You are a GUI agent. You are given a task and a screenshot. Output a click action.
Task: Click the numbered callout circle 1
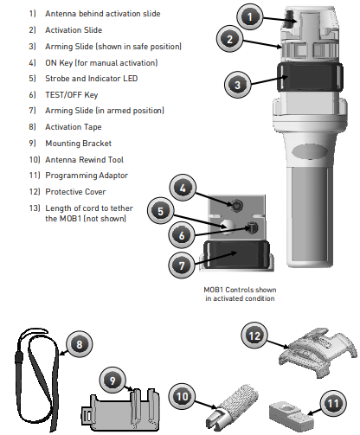coord(250,16)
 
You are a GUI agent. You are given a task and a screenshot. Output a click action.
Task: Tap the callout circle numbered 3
coord(237,85)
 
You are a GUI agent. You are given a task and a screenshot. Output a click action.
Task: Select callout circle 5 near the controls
coord(161,211)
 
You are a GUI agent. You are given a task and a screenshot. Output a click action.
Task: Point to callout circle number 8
coord(80,344)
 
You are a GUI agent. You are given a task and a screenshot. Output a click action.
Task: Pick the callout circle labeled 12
coord(254,336)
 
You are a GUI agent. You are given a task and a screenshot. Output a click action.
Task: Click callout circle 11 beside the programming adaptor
coord(333,403)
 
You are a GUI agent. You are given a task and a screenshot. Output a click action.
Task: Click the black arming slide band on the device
coord(310,77)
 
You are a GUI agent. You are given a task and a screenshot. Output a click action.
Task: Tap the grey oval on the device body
coord(310,151)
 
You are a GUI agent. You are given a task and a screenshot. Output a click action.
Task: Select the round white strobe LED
coord(228,225)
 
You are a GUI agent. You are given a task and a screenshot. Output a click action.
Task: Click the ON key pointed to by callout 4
coord(237,205)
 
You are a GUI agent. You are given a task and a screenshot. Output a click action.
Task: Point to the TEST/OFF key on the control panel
coord(252,227)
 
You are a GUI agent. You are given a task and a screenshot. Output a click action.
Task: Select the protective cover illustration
coord(318,352)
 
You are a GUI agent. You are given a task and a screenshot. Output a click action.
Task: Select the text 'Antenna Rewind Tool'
coord(85,160)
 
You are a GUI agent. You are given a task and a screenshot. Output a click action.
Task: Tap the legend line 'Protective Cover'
coord(75,192)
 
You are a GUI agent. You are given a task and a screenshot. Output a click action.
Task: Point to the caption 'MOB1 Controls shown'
coord(240,290)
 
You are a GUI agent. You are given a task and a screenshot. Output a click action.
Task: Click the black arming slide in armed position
coord(236,254)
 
